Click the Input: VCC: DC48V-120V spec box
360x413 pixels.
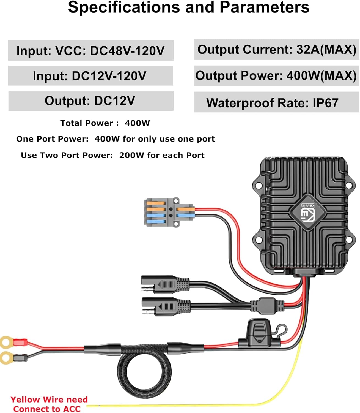[90, 50]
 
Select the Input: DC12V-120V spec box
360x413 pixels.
[90, 76]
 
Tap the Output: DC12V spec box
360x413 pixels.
[90, 101]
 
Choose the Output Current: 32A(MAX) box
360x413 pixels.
[276, 50]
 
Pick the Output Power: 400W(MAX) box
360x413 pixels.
[276, 76]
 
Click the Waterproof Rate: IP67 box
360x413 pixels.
[276, 103]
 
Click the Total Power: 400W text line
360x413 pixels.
[105, 123]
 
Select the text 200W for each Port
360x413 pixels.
[162, 155]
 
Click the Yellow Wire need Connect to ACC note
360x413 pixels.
[49, 404]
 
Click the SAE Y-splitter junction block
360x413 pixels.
[267, 305]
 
